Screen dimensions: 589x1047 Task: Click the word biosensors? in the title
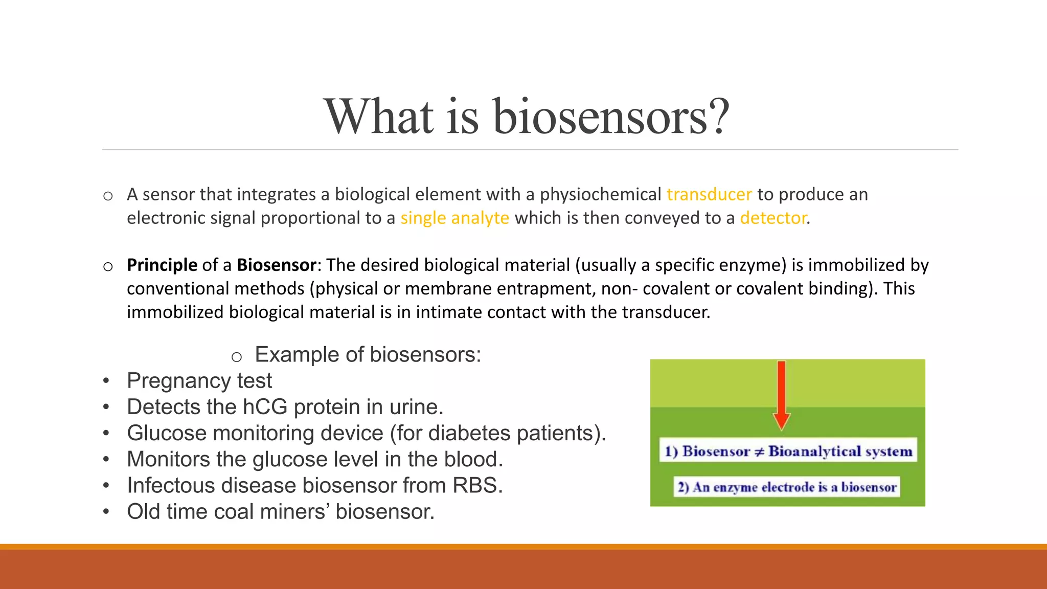[x=611, y=117]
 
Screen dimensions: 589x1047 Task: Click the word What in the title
[x=379, y=117]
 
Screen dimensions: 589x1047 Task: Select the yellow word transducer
[x=709, y=195]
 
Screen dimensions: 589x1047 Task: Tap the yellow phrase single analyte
[x=454, y=218]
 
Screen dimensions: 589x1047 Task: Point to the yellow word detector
[x=773, y=218]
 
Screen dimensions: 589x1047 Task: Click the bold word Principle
[x=162, y=265]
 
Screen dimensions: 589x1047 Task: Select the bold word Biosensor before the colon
[x=277, y=265]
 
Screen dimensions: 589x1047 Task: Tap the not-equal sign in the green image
[x=759, y=452]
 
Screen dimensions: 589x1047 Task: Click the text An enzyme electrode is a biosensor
[x=787, y=487]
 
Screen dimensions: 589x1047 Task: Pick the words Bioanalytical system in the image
[x=840, y=451]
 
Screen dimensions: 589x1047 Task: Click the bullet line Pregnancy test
[x=199, y=381]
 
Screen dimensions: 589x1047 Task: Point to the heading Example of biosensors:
[x=368, y=355]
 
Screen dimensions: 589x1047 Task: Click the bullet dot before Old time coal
[x=106, y=512]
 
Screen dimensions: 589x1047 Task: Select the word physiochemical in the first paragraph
[x=601, y=195]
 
